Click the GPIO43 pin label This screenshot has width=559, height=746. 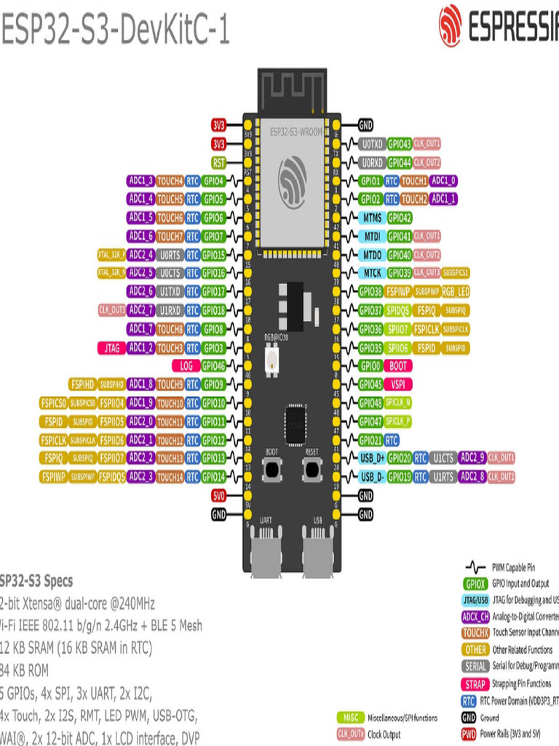[400, 144]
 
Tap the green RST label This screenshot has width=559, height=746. [218, 162]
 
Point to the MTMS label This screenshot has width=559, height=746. [371, 218]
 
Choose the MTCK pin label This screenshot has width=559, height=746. [371, 273]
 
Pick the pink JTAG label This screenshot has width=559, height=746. [111, 348]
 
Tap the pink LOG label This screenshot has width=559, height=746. [186, 366]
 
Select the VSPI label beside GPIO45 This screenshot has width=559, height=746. [398, 385]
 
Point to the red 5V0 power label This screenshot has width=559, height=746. [218, 496]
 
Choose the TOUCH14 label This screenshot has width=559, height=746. [170, 477]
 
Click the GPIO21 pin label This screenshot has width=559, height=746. [370, 440]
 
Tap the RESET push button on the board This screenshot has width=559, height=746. [312, 470]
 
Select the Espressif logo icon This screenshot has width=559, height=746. [450, 26]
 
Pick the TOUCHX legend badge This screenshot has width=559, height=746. [475, 632]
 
